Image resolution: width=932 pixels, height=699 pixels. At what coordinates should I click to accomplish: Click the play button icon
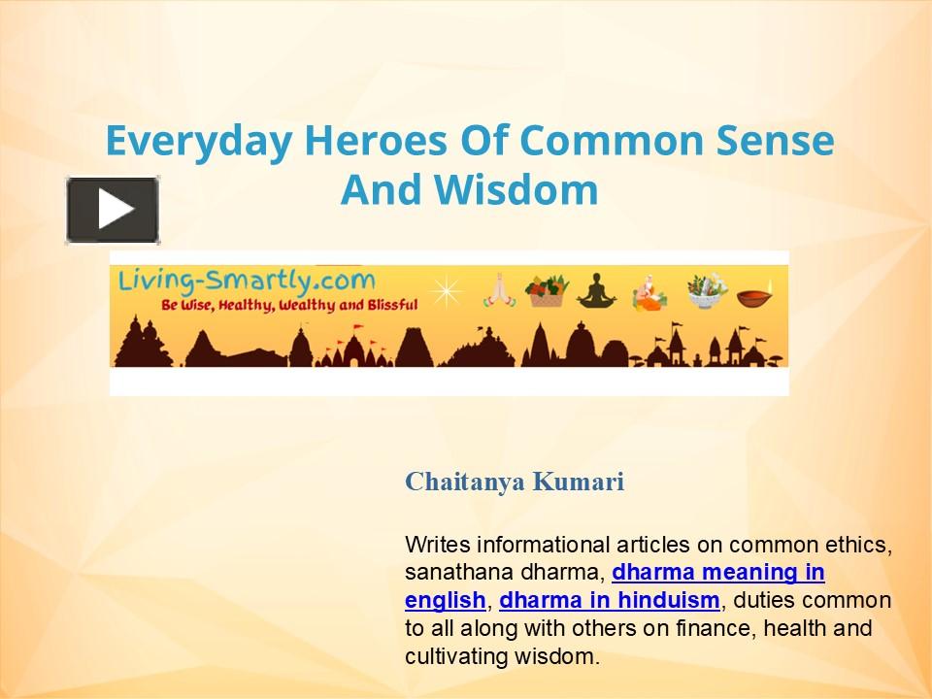[113, 210]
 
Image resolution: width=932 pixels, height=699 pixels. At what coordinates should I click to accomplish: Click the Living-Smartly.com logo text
[247, 282]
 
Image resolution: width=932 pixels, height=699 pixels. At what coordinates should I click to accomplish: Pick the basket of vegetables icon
[547, 289]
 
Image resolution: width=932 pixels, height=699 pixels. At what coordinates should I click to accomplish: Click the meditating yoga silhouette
[596, 289]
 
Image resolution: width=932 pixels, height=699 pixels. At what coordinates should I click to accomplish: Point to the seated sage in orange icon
[647, 289]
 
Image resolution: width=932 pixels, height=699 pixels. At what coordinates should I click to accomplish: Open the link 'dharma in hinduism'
[610, 600]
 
